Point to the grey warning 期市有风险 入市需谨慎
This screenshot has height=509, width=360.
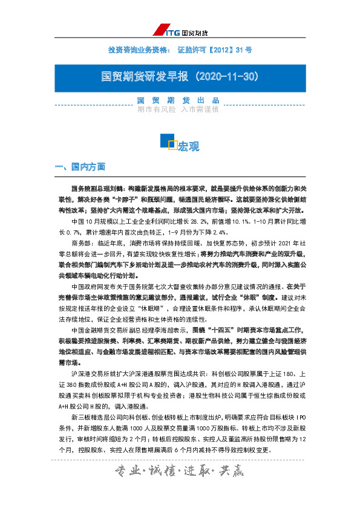179,109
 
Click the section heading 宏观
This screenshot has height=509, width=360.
189,146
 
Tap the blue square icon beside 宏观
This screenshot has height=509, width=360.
168,141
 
